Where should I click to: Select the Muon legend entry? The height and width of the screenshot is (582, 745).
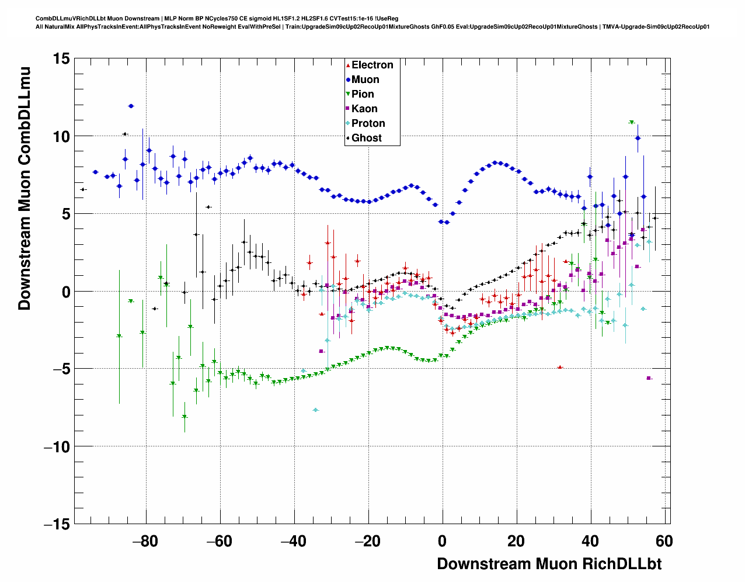click(364, 79)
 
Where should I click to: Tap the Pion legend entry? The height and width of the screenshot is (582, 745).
click(362, 94)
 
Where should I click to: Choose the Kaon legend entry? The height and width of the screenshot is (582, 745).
click(364, 109)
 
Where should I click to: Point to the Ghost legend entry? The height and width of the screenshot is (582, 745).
click(366, 138)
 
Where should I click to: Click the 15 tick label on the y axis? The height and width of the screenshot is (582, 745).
click(61, 58)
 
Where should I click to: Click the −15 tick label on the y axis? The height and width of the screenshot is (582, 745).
click(57, 524)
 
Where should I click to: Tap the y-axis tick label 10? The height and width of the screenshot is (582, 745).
click(61, 136)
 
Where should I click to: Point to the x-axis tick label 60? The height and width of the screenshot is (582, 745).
click(664, 541)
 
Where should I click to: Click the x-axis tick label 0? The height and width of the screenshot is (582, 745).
click(442, 541)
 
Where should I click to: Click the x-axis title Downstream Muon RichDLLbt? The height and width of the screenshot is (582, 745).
click(549, 564)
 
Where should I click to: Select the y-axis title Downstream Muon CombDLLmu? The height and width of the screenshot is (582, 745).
click(25, 188)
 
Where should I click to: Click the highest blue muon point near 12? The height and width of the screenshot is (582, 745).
click(131, 106)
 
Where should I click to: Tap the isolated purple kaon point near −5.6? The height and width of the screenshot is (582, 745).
click(649, 378)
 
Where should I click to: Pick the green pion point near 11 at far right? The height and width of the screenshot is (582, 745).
click(631, 122)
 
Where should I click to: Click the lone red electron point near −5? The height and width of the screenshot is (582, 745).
click(560, 367)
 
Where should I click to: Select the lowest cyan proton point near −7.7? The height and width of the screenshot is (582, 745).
click(316, 410)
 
